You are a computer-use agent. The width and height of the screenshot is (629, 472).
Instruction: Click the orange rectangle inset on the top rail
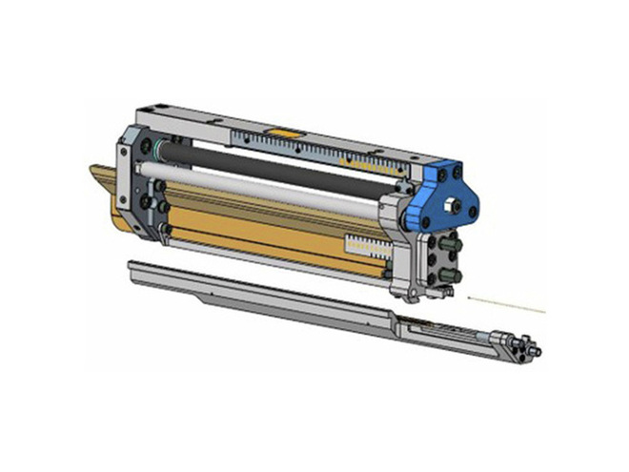283,131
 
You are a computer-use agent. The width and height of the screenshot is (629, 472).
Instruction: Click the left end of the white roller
143,170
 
